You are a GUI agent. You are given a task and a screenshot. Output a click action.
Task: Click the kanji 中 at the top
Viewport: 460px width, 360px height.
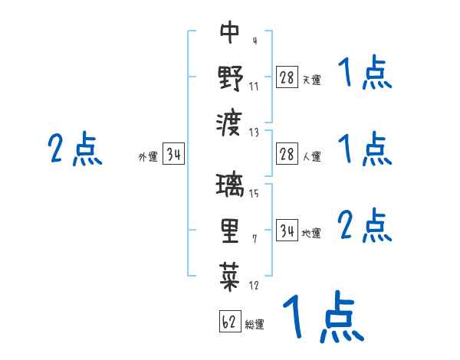[230, 32]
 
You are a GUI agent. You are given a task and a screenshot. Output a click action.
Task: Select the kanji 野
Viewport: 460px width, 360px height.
[230, 77]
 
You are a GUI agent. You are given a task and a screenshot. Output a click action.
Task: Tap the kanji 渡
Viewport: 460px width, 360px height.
[230, 122]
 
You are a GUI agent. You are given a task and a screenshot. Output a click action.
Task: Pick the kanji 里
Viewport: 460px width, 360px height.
[230, 230]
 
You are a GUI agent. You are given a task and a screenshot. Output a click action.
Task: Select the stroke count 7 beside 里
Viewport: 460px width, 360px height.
[255, 239]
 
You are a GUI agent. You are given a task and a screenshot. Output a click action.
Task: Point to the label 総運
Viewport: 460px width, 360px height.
[255, 325]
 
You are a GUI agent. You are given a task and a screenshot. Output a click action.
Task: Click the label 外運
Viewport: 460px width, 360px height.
[148, 158]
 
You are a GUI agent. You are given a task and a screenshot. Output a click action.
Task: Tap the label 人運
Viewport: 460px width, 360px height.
[312, 157]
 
